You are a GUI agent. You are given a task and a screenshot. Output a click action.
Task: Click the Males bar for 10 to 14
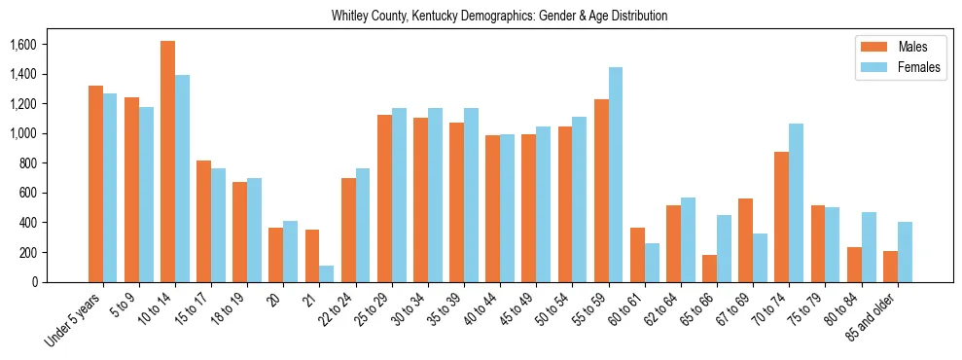coord(167,162)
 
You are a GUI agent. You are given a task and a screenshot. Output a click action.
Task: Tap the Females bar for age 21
coord(327,273)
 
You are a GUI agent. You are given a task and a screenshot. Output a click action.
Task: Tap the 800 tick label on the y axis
coord(28,163)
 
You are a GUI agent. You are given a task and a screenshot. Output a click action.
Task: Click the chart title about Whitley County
coord(499,17)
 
